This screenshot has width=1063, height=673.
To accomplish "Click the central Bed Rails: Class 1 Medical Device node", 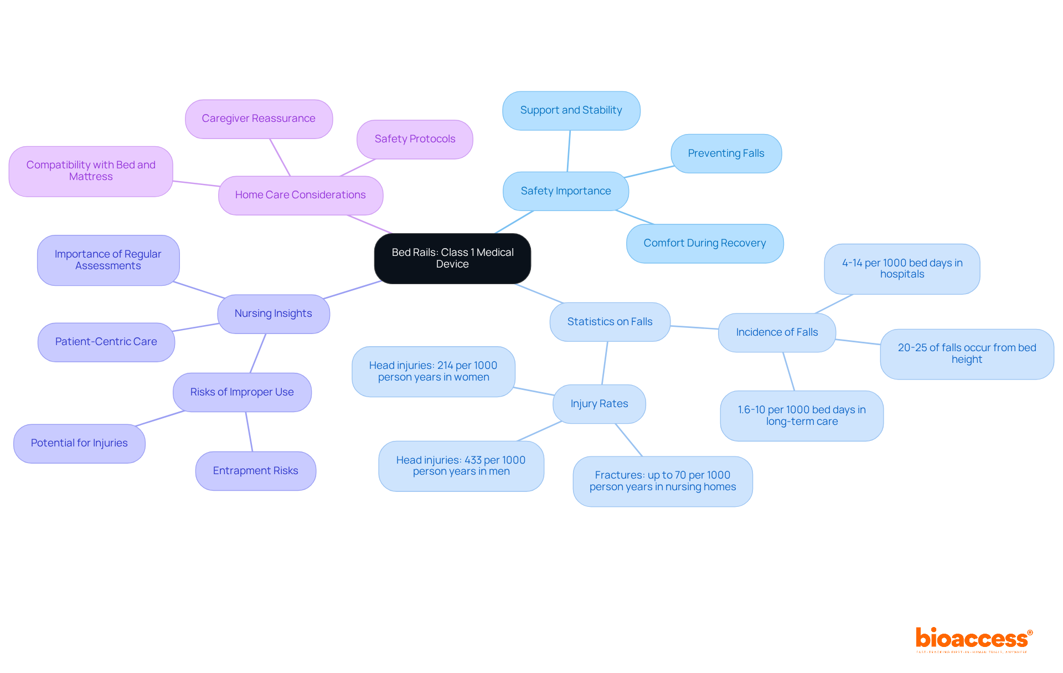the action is [452, 258].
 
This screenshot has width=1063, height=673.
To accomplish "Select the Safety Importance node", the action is [565, 191].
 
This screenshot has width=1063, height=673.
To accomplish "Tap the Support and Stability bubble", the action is [571, 110].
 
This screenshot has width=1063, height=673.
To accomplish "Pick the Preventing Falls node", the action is [726, 153].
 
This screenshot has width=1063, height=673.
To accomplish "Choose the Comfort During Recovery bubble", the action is [704, 243].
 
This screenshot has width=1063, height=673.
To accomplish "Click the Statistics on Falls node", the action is [610, 322].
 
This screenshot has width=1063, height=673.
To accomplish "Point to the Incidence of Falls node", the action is [776, 332].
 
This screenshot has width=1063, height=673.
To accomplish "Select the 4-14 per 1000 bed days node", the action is [902, 269].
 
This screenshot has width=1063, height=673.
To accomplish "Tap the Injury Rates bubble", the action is [599, 404].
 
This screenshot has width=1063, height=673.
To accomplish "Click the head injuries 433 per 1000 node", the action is [461, 466].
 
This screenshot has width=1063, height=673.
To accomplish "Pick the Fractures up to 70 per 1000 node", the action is [662, 481].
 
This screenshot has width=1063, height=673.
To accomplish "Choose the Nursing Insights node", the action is [273, 314].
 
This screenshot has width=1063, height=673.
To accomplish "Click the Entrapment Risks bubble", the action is [255, 471].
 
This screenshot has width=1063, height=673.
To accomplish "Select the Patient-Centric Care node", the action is [106, 342].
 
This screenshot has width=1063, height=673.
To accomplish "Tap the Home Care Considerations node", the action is [300, 195].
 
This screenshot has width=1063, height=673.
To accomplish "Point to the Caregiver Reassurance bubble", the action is [259, 119].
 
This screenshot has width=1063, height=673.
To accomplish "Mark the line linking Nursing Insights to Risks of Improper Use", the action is [258, 353].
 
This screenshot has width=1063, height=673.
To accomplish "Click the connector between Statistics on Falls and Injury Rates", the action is [605, 363].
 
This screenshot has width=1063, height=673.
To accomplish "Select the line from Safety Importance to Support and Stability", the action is [569, 151].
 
